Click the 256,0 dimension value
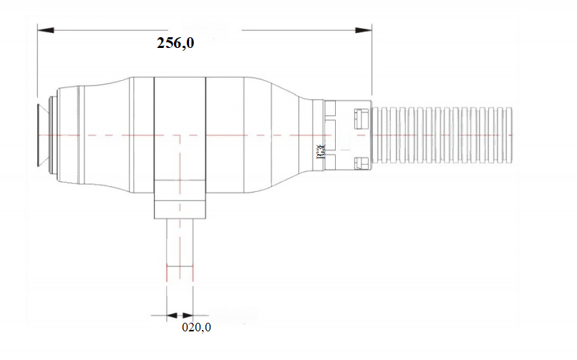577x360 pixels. tap(175, 43)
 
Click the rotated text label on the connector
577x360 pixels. tap(319, 152)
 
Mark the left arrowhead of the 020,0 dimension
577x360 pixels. tap(170, 315)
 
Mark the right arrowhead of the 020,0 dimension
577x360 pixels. tap(188, 315)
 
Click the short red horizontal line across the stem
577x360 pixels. tap(180, 266)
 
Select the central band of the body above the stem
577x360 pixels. tap(180, 129)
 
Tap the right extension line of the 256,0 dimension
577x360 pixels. tap(372, 64)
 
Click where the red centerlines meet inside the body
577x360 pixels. tap(180, 135)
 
